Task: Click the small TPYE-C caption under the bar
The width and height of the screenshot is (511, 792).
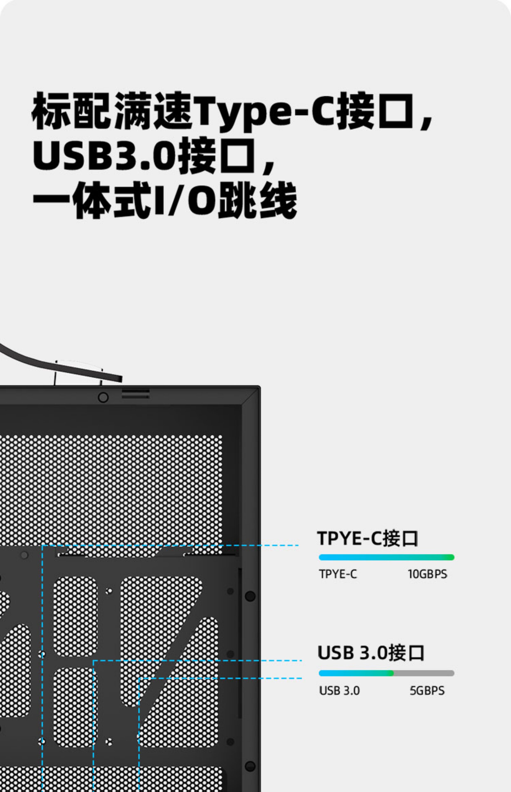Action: point(338,574)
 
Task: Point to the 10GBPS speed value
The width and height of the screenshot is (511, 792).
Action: point(427,574)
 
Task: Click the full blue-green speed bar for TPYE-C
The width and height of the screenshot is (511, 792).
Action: point(386,557)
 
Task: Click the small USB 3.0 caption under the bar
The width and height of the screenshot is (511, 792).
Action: point(339,691)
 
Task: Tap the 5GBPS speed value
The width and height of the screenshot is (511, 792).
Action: point(427,691)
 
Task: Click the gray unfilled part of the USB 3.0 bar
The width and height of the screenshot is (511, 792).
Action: point(424,673)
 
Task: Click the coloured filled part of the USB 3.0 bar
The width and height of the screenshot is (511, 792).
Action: point(356,673)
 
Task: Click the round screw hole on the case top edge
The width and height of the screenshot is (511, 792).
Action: point(103,397)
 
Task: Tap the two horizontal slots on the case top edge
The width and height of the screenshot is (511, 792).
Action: point(135,394)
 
